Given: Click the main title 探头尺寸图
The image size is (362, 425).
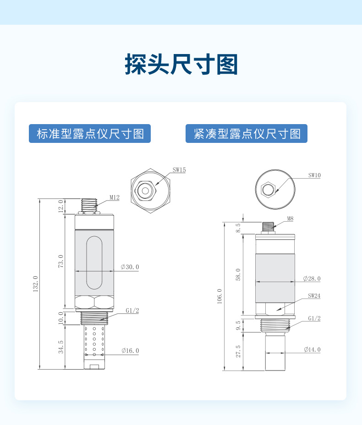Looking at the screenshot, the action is [181, 64].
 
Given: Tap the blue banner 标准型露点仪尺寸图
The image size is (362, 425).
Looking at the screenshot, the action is [90, 133].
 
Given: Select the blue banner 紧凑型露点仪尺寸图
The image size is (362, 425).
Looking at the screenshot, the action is [247, 133].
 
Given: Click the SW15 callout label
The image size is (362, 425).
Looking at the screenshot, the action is [179, 170].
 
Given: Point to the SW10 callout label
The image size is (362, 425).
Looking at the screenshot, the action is [314, 175].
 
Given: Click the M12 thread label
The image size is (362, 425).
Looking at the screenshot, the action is [115, 197].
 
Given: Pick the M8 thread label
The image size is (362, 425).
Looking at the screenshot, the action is [290, 218].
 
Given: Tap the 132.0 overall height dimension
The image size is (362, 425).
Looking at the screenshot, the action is [36, 284].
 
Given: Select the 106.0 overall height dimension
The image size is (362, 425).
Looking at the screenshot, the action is [219, 296].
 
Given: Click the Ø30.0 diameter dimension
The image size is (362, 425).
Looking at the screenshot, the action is [130, 267].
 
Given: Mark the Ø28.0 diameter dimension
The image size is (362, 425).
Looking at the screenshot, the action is [312, 278].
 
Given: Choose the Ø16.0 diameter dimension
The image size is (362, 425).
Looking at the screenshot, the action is [130, 351].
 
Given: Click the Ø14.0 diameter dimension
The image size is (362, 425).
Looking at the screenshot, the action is [312, 349].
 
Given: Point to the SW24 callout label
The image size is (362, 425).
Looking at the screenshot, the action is [314, 296].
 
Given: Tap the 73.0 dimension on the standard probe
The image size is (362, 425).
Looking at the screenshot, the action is [61, 261].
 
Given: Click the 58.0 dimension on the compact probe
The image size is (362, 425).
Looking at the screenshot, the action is [238, 274].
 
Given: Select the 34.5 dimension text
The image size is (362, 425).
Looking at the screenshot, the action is [61, 347].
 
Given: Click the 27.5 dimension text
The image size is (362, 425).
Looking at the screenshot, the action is [238, 351].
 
